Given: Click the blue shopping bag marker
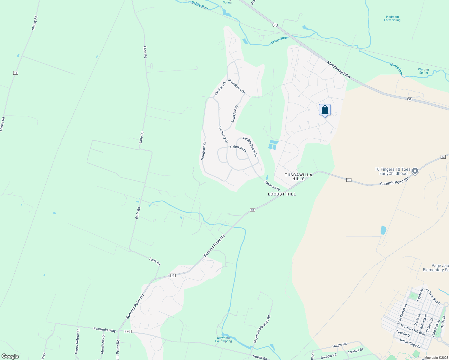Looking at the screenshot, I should click(x=325, y=110).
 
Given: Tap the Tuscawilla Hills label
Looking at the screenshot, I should click(x=298, y=177).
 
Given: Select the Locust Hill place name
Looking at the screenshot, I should click(x=282, y=194).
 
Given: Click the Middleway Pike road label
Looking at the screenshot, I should click(x=339, y=70).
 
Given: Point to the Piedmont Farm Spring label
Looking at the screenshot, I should click(x=392, y=19).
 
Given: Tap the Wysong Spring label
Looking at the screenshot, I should click(x=423, y=71).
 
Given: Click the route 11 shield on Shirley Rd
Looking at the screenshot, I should click(x=16, y=73).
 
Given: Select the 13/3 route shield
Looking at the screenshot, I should click(x=128, y=331).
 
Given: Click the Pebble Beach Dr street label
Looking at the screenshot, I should click(x=250, y=147).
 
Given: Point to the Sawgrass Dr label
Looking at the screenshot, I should click(x=203, y=151).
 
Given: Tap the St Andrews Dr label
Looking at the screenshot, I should click(x=236, y=86).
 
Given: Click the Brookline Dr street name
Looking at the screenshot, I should click(x=234, y=114).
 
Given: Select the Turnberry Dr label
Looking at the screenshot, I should click(x=223, y=134).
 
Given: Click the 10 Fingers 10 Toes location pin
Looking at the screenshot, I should click(x=415, y=171).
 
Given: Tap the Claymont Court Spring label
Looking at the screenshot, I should click(x=224, y=339).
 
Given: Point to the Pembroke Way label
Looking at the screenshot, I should click(x=104, y=330).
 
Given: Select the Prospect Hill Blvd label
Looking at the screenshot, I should click(x=413, y=330).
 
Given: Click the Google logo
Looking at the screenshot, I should click(x=10, y=356).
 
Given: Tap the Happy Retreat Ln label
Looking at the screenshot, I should click(x=78, y=340).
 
